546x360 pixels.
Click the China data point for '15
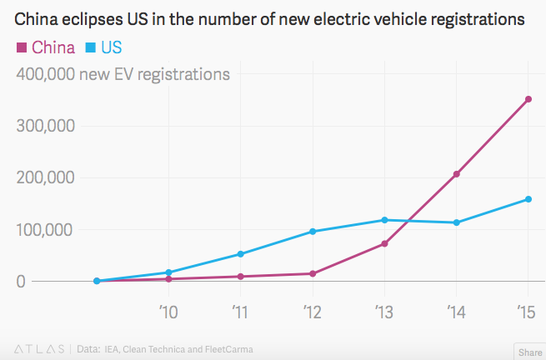528,99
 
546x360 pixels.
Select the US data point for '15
528,199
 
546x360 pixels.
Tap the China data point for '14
456,174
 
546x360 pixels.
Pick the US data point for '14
456,222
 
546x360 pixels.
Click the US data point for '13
384,220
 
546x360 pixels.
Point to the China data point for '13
384,243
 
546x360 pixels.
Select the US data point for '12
313,232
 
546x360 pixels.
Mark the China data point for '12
313,273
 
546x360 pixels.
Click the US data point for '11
241,254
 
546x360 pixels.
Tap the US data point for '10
169,272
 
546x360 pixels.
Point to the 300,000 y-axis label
46,126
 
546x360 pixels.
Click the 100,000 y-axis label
46,229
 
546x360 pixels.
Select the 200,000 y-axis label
46,177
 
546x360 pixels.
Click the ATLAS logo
38,348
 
